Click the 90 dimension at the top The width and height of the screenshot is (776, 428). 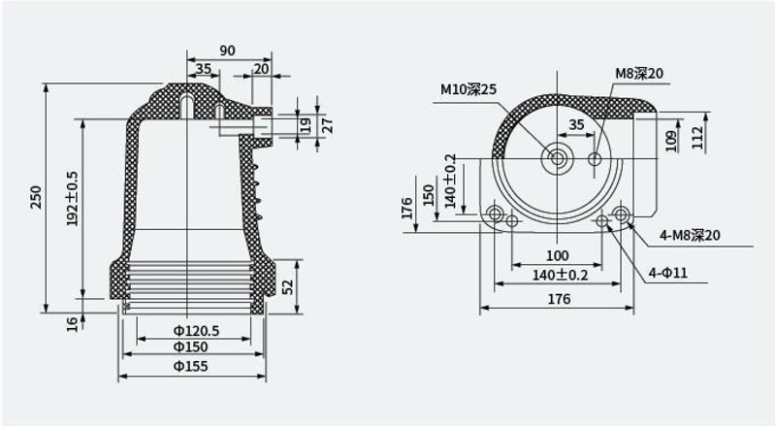227,50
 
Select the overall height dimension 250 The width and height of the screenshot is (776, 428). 36,197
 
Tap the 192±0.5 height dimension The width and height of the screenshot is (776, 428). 72,199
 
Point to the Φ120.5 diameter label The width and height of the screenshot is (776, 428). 196,330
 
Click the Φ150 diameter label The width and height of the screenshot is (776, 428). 190,346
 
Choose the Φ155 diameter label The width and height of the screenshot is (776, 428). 190,366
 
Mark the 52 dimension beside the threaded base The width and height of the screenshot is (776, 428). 287,287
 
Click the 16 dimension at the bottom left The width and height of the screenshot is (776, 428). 72,324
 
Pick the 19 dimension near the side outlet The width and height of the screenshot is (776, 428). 306,125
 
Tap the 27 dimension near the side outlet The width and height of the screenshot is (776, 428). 327,126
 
